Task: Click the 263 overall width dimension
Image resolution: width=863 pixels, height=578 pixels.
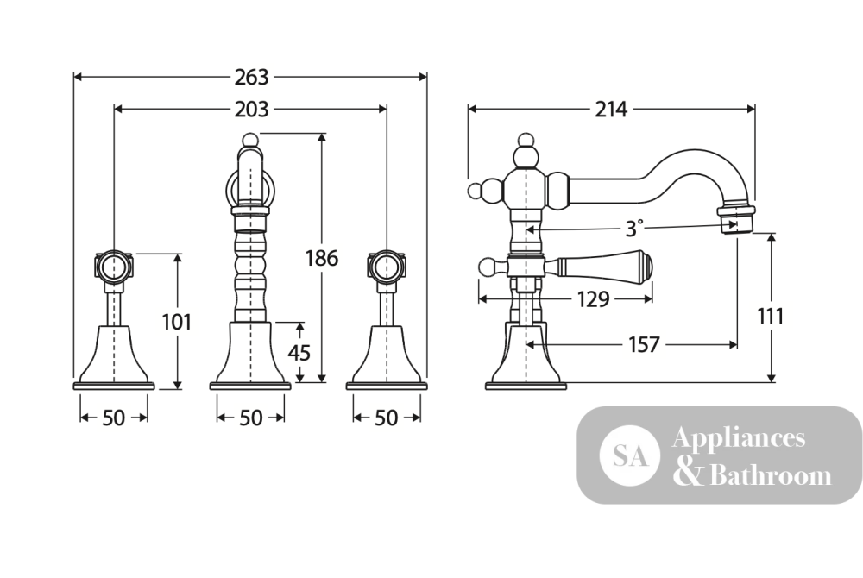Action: point(251,77)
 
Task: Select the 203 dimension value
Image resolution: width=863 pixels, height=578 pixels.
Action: point(251,110)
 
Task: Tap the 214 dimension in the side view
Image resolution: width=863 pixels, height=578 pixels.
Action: point(611,110)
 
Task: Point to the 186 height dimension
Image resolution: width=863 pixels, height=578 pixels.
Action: point(322,257)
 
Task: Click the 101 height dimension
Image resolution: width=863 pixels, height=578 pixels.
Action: point(177,322)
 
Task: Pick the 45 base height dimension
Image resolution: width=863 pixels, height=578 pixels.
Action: point(299,352)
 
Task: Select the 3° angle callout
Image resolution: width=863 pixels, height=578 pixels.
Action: point(634,229)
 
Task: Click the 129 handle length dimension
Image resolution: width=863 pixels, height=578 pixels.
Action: point(594,299)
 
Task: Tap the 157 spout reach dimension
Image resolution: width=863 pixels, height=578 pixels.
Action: point(644,345)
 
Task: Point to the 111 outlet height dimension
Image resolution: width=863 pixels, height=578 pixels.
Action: point(771,317)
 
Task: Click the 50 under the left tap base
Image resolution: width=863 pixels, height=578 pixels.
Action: point(114,418)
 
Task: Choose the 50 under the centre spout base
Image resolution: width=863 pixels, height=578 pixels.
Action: point(250,418)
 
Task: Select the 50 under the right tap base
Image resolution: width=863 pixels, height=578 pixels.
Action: point(386,418)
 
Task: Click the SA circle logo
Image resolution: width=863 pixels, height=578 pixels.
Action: point(630,455)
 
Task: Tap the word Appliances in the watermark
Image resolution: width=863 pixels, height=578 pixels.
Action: point(739,438)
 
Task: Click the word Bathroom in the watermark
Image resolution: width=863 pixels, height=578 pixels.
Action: point(771,475)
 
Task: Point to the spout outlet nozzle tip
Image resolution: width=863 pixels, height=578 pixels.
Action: point(734,219)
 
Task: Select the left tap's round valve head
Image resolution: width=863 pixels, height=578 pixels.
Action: point(114,266)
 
